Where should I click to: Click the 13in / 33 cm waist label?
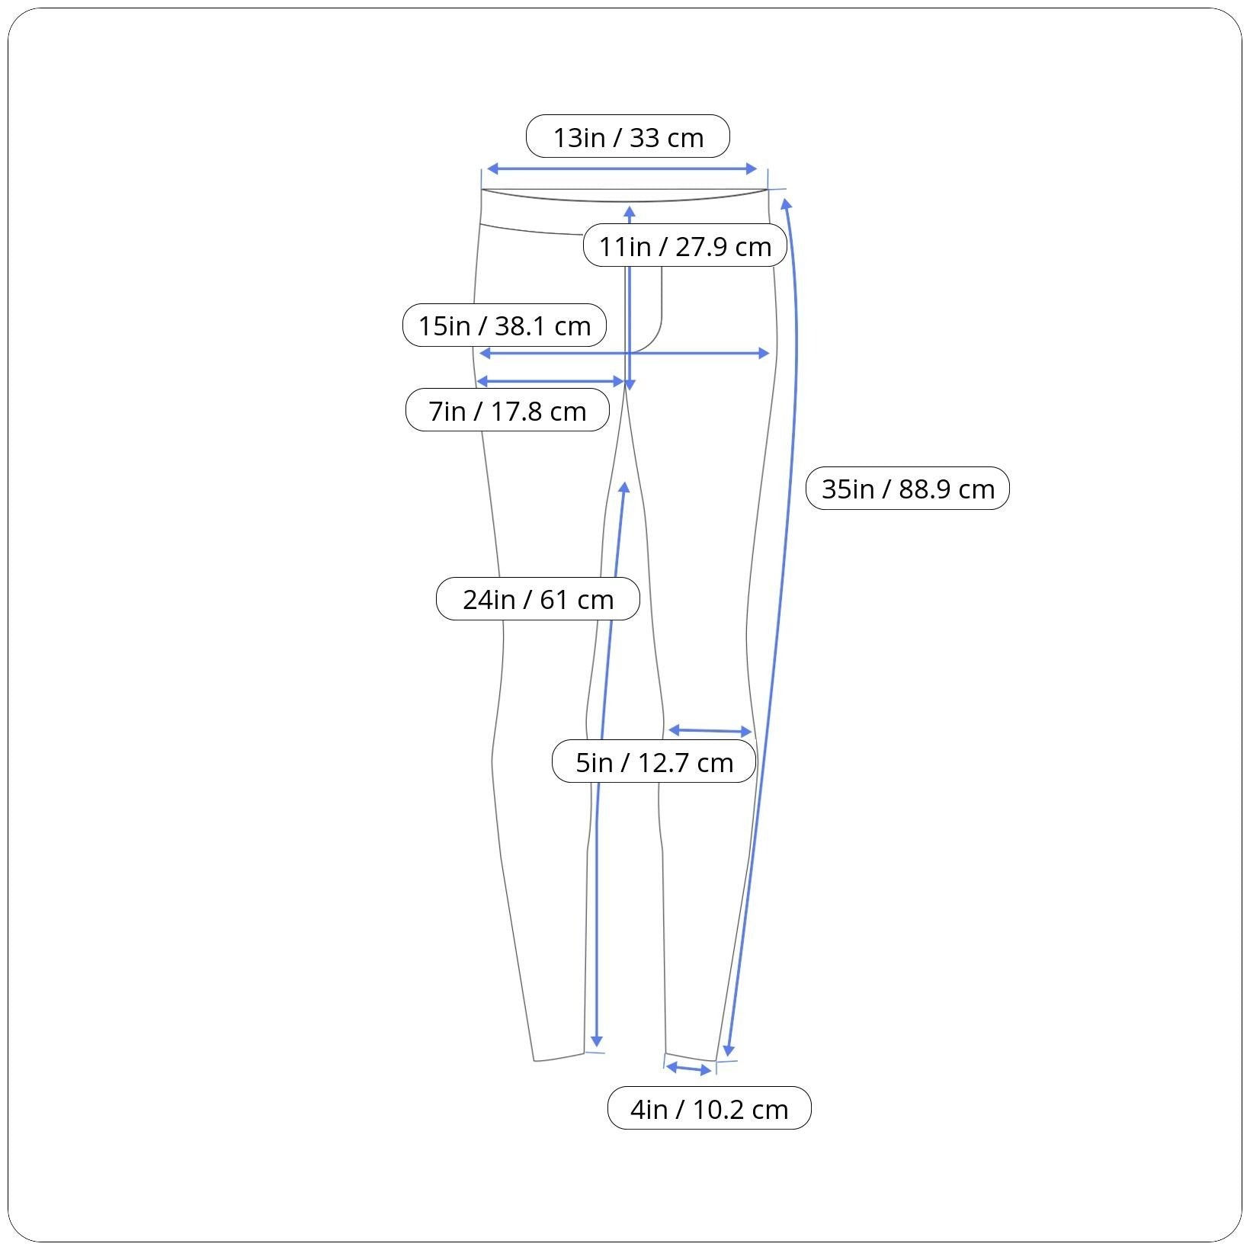[x=627, y=137]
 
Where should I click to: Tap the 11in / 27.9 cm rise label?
[x=684, y=246]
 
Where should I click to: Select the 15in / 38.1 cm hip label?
[x=504, y=325]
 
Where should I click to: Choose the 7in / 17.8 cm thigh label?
[x=507, y=411]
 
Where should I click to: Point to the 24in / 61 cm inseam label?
[x=537, y=599]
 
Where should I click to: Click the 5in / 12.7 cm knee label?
[x=653, y=761]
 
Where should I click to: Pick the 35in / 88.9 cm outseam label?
[x=907, y=489]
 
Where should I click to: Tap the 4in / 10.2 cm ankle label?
[x=709, y=1108]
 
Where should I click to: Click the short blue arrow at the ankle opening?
[x=688, y=1069]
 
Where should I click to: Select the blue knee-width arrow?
[x=710, y=731]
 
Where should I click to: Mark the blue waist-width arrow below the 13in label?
[x=621, y=168]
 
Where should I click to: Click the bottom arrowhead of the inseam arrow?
[x=597, y=1042]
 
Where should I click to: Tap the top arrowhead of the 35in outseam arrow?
[x=786, y=204]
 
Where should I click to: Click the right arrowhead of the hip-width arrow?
[x=764, y=353]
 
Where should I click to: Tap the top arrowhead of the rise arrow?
[x=630, y=211]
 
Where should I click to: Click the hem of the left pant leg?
[x=559, y=1057]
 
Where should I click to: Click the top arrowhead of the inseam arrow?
[x=624, y=488]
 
